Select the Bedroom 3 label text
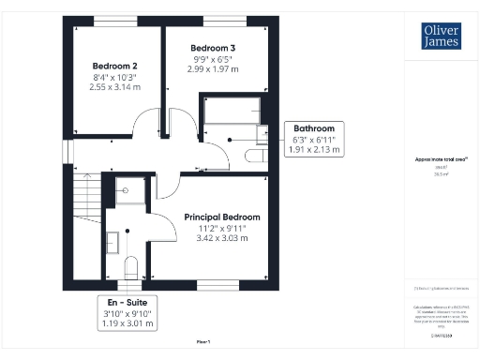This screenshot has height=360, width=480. coord(213,48)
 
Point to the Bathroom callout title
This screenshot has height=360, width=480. coord(314,128)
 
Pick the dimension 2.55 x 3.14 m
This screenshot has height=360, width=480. coord(115,87)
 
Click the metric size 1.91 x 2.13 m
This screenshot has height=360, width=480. coord(314,150)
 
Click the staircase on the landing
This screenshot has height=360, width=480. coord(85,225)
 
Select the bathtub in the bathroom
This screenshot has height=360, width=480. coord(232,111)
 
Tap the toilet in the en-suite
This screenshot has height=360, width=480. coord(130,266)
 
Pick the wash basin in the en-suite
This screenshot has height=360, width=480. coord(111,241)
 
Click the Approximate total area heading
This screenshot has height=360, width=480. coord(441,160)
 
